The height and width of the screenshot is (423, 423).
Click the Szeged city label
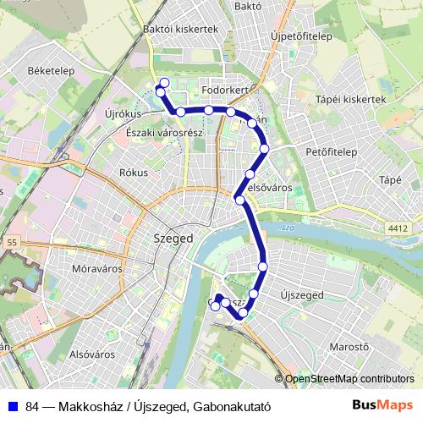click(x=173, y=239)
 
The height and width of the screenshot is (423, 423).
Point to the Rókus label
click(x=134, y=172)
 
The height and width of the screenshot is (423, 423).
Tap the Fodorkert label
click(x=224, y=88)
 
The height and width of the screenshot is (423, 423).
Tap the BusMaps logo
click(x=389, y=405)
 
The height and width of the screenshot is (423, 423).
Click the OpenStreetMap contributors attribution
click(x=349, y=379)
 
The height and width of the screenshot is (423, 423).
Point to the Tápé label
click(x=390, y=179)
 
